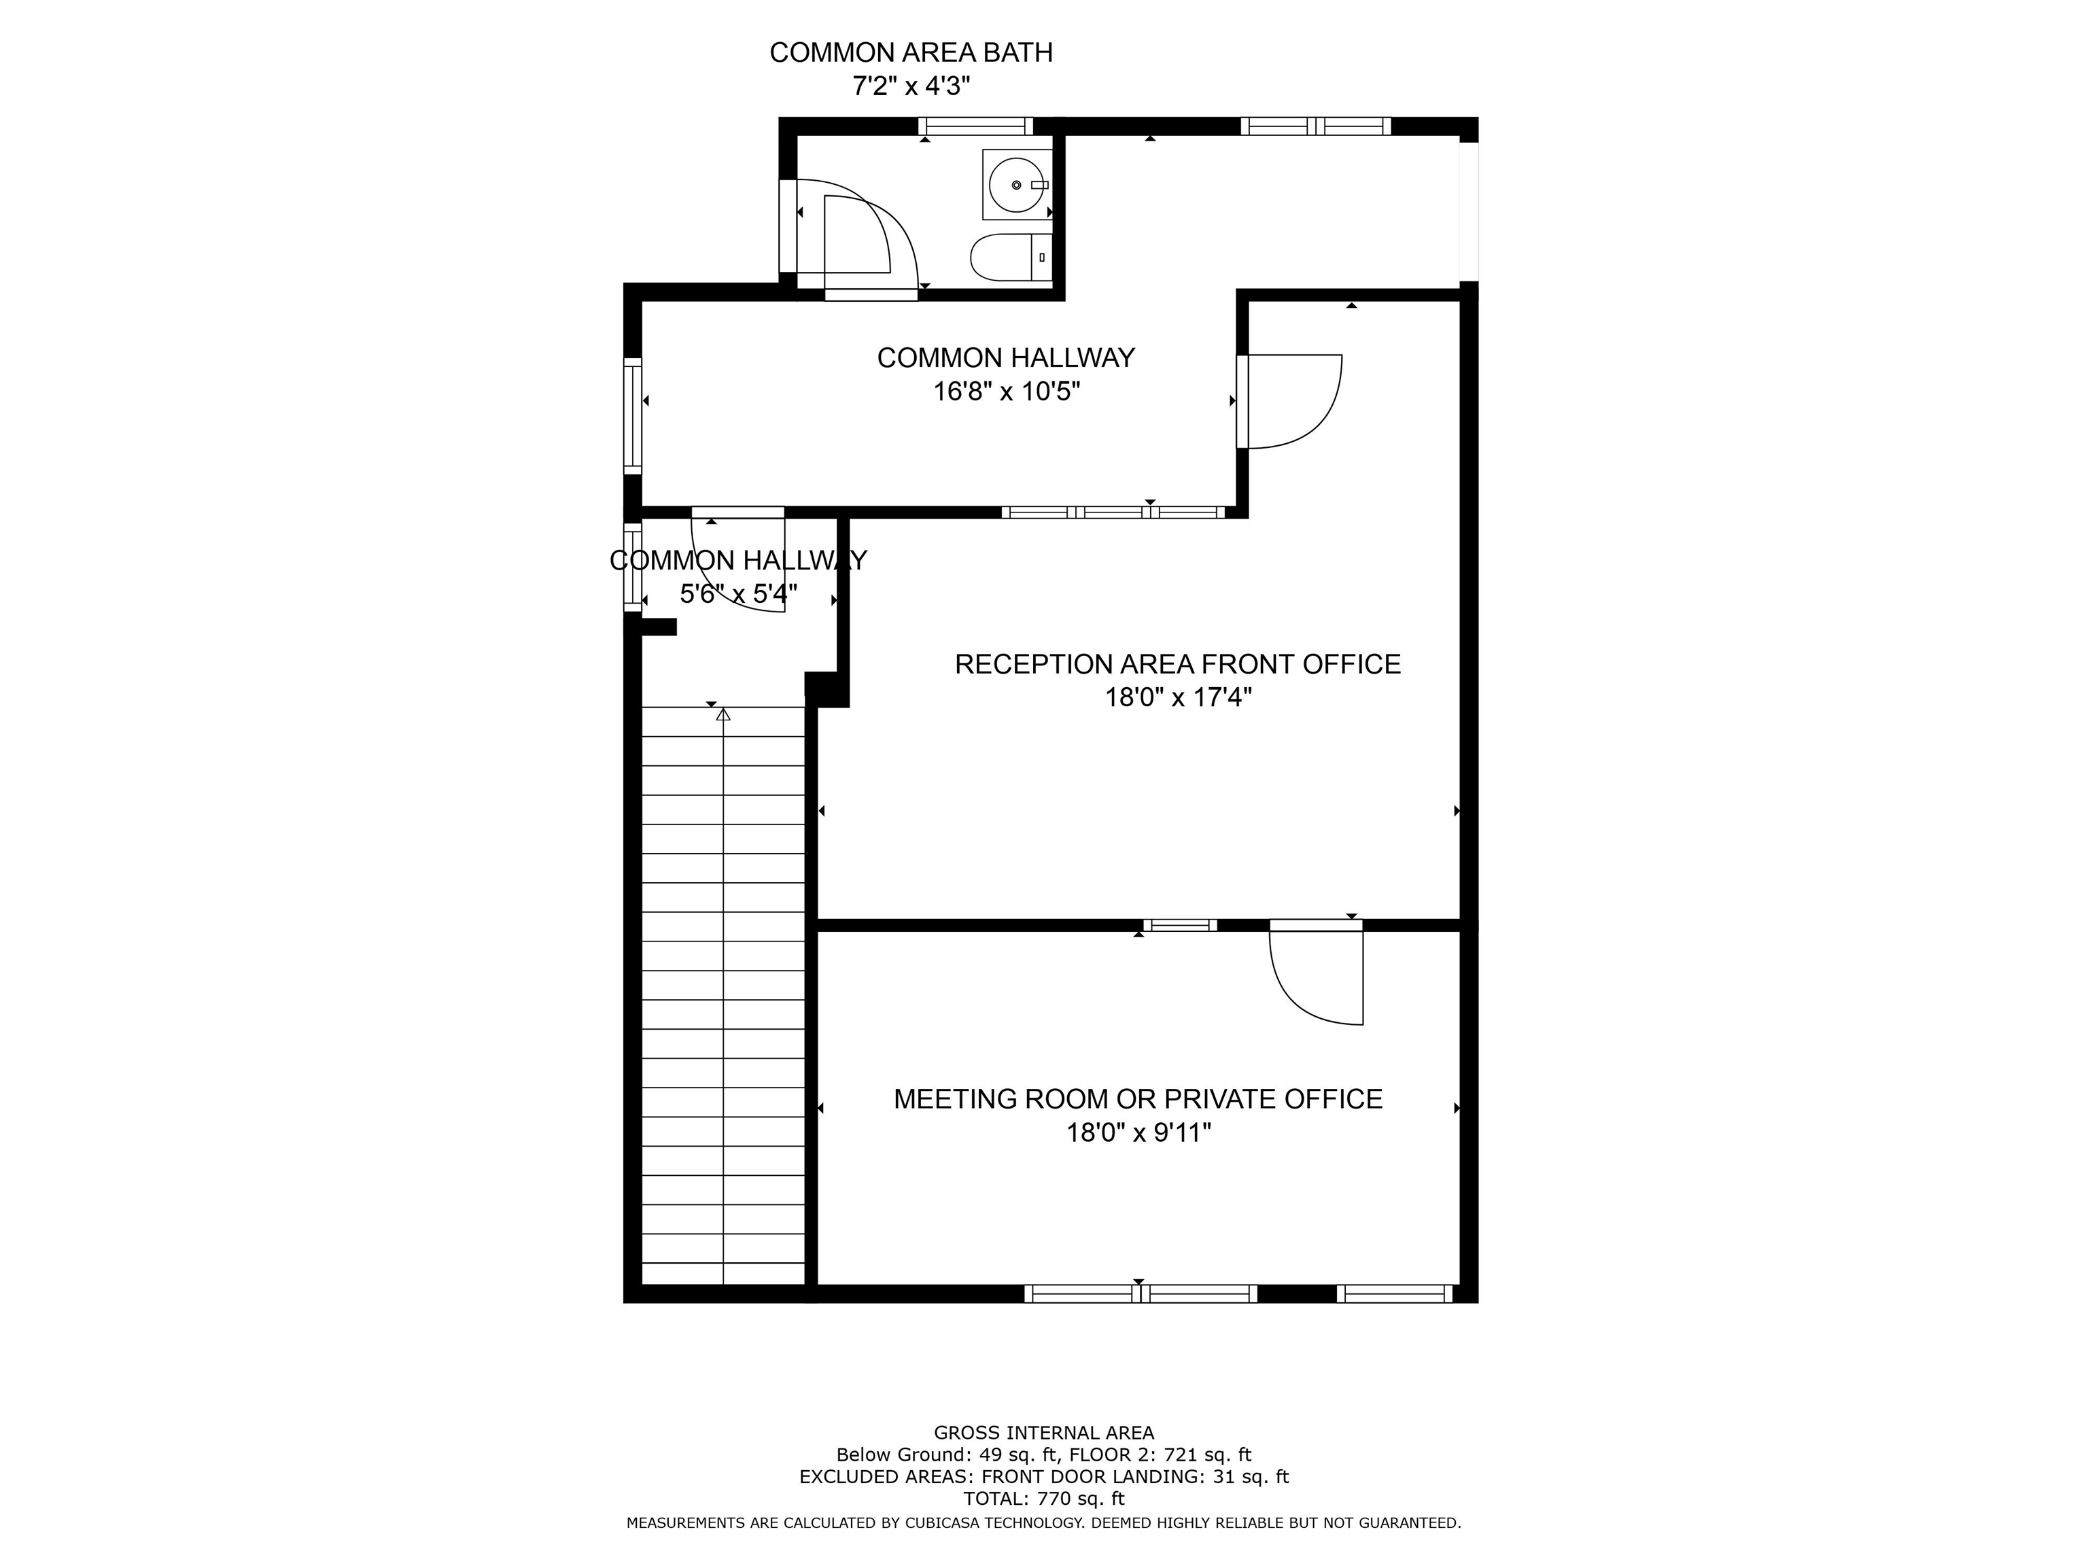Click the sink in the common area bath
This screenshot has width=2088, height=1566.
coord(1017,184)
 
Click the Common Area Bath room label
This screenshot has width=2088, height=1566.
coord(911,53)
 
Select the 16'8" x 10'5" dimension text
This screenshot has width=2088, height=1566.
coord(1006,391)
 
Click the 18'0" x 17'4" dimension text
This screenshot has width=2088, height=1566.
coord(1178,697)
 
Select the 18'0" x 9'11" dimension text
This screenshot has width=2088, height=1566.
coord(1138,1132)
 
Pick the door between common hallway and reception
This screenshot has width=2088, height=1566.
coord(1289,401)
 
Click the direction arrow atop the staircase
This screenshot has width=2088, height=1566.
coord(723,714)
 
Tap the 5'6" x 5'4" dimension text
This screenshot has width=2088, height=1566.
coord(738,594)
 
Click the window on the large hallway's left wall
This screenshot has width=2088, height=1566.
coord(632,415)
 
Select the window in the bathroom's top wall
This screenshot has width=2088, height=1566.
coord(976,126)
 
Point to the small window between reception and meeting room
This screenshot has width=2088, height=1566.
coord(1180,925)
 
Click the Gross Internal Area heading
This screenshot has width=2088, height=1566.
coord(1044,1433)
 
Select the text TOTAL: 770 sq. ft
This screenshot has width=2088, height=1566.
coord(1044,1498)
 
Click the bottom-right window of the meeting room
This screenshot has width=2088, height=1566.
coord(1394,1293)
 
